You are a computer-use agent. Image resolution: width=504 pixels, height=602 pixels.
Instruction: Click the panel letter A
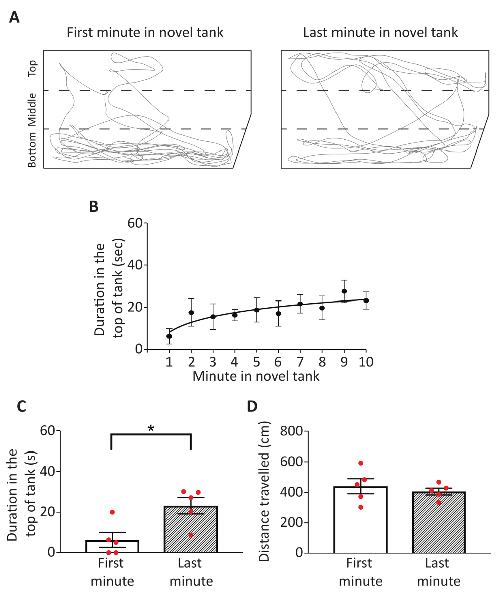click(15, 18)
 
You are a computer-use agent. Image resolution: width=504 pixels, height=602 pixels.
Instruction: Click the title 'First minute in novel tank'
click(145, 33)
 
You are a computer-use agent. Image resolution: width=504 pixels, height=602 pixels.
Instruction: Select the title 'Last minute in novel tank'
click(381, 33)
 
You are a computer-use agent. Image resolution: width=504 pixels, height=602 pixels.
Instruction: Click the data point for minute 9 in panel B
click(344, 291)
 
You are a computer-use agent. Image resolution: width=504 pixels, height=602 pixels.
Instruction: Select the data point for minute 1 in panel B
click(170, 336)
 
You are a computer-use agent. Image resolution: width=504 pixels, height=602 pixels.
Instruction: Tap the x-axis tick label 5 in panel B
click(257, 363)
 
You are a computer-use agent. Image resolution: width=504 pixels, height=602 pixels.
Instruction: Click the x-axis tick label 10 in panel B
click(366, 363)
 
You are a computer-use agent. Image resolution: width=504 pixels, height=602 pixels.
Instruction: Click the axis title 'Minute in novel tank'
click(256, 376)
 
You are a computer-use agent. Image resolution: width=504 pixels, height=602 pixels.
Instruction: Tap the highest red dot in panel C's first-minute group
click(112, 512)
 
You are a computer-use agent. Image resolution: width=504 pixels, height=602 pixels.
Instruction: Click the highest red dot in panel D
click(361, 463)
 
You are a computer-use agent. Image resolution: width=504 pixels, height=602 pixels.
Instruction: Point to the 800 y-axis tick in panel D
click(291, 431)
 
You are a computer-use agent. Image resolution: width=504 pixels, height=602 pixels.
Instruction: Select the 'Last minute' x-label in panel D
click(440, 572)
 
